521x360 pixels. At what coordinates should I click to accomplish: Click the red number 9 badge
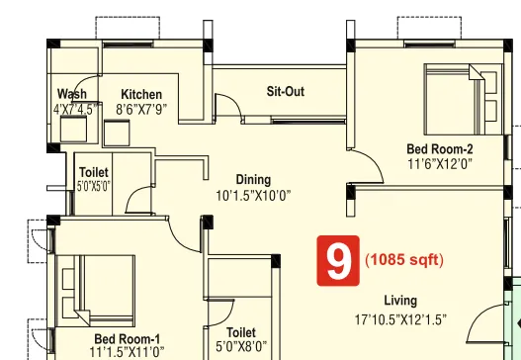337,261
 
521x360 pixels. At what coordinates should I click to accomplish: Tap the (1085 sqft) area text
403,262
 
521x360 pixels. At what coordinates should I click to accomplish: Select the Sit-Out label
286,92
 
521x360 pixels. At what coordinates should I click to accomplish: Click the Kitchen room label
140,94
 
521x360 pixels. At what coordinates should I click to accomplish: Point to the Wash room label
71,94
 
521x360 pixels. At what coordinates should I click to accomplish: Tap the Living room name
400,301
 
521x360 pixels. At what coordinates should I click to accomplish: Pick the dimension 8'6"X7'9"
143,110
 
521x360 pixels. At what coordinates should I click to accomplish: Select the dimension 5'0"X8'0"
241,347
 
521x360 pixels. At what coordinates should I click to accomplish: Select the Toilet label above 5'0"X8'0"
241,332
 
